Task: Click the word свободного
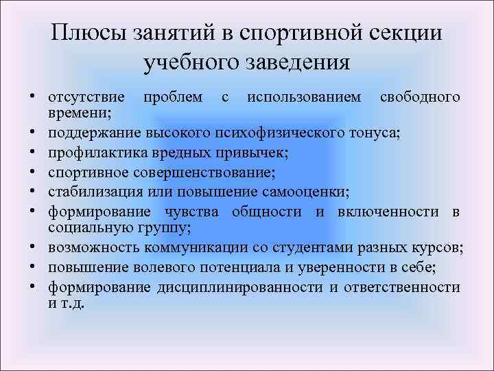[x=420, y=98]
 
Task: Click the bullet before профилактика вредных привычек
[x=33, y=149]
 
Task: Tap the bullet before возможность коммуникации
[x=33, y=247]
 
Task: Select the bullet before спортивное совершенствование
[x=33, y=166]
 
